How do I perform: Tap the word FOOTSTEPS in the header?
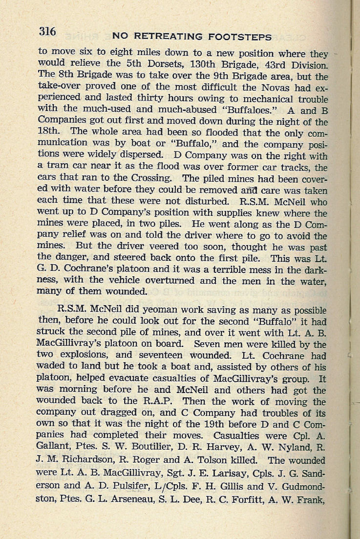[x=239, y=37]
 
